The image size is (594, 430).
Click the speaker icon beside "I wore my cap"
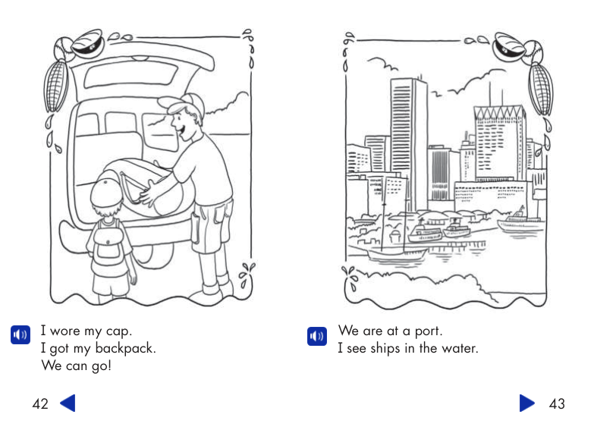20,334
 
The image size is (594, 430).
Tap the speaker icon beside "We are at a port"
316,334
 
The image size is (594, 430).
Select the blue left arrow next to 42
68,403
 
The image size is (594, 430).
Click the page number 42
40,404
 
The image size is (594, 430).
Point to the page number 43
557,404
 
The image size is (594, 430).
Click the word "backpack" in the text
128,349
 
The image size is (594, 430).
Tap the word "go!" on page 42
100,367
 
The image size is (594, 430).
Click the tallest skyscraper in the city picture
410,137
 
